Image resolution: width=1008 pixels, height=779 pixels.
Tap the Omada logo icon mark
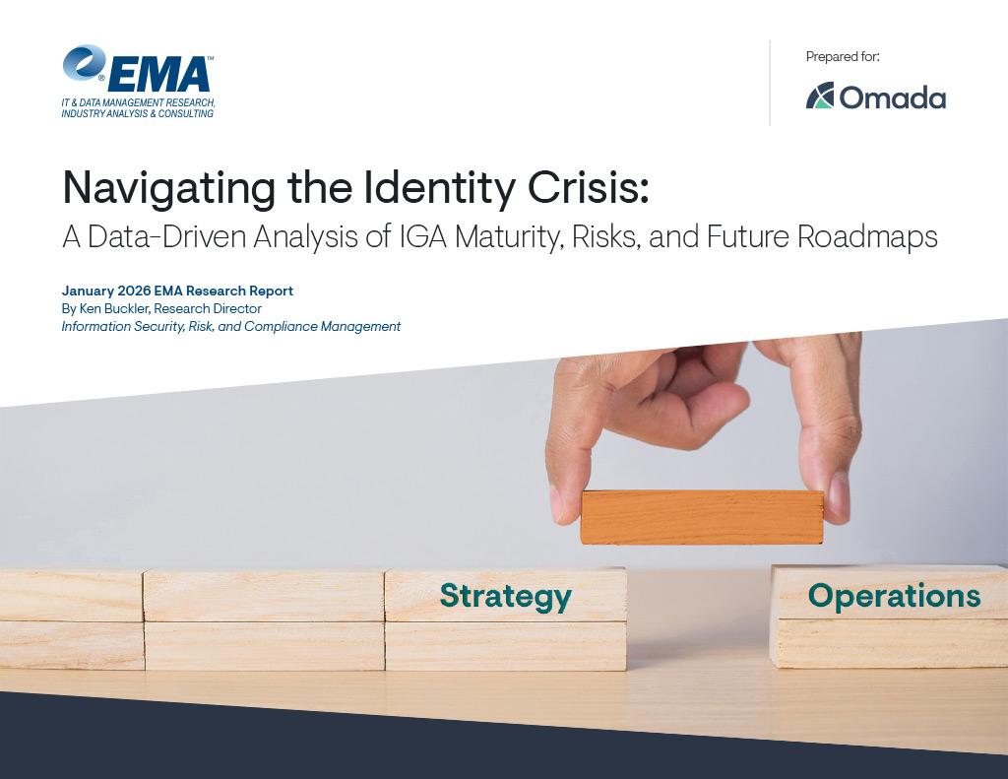point(820,96)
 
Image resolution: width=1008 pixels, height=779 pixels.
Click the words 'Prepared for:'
point(843,56)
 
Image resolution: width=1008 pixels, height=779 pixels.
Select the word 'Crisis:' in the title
point(589,187)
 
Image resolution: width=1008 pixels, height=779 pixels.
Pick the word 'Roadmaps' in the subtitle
point(867,237)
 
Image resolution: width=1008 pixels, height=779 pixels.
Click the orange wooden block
point(702,517)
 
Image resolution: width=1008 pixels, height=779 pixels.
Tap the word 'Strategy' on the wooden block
point(505,596)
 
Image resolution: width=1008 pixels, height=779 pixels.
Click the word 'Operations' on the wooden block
point(894,596)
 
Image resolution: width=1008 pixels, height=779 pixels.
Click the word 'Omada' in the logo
point(892,97)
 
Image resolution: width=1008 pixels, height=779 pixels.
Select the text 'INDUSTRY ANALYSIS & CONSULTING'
point(138,114)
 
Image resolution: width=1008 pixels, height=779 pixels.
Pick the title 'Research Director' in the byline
point(208,309)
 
